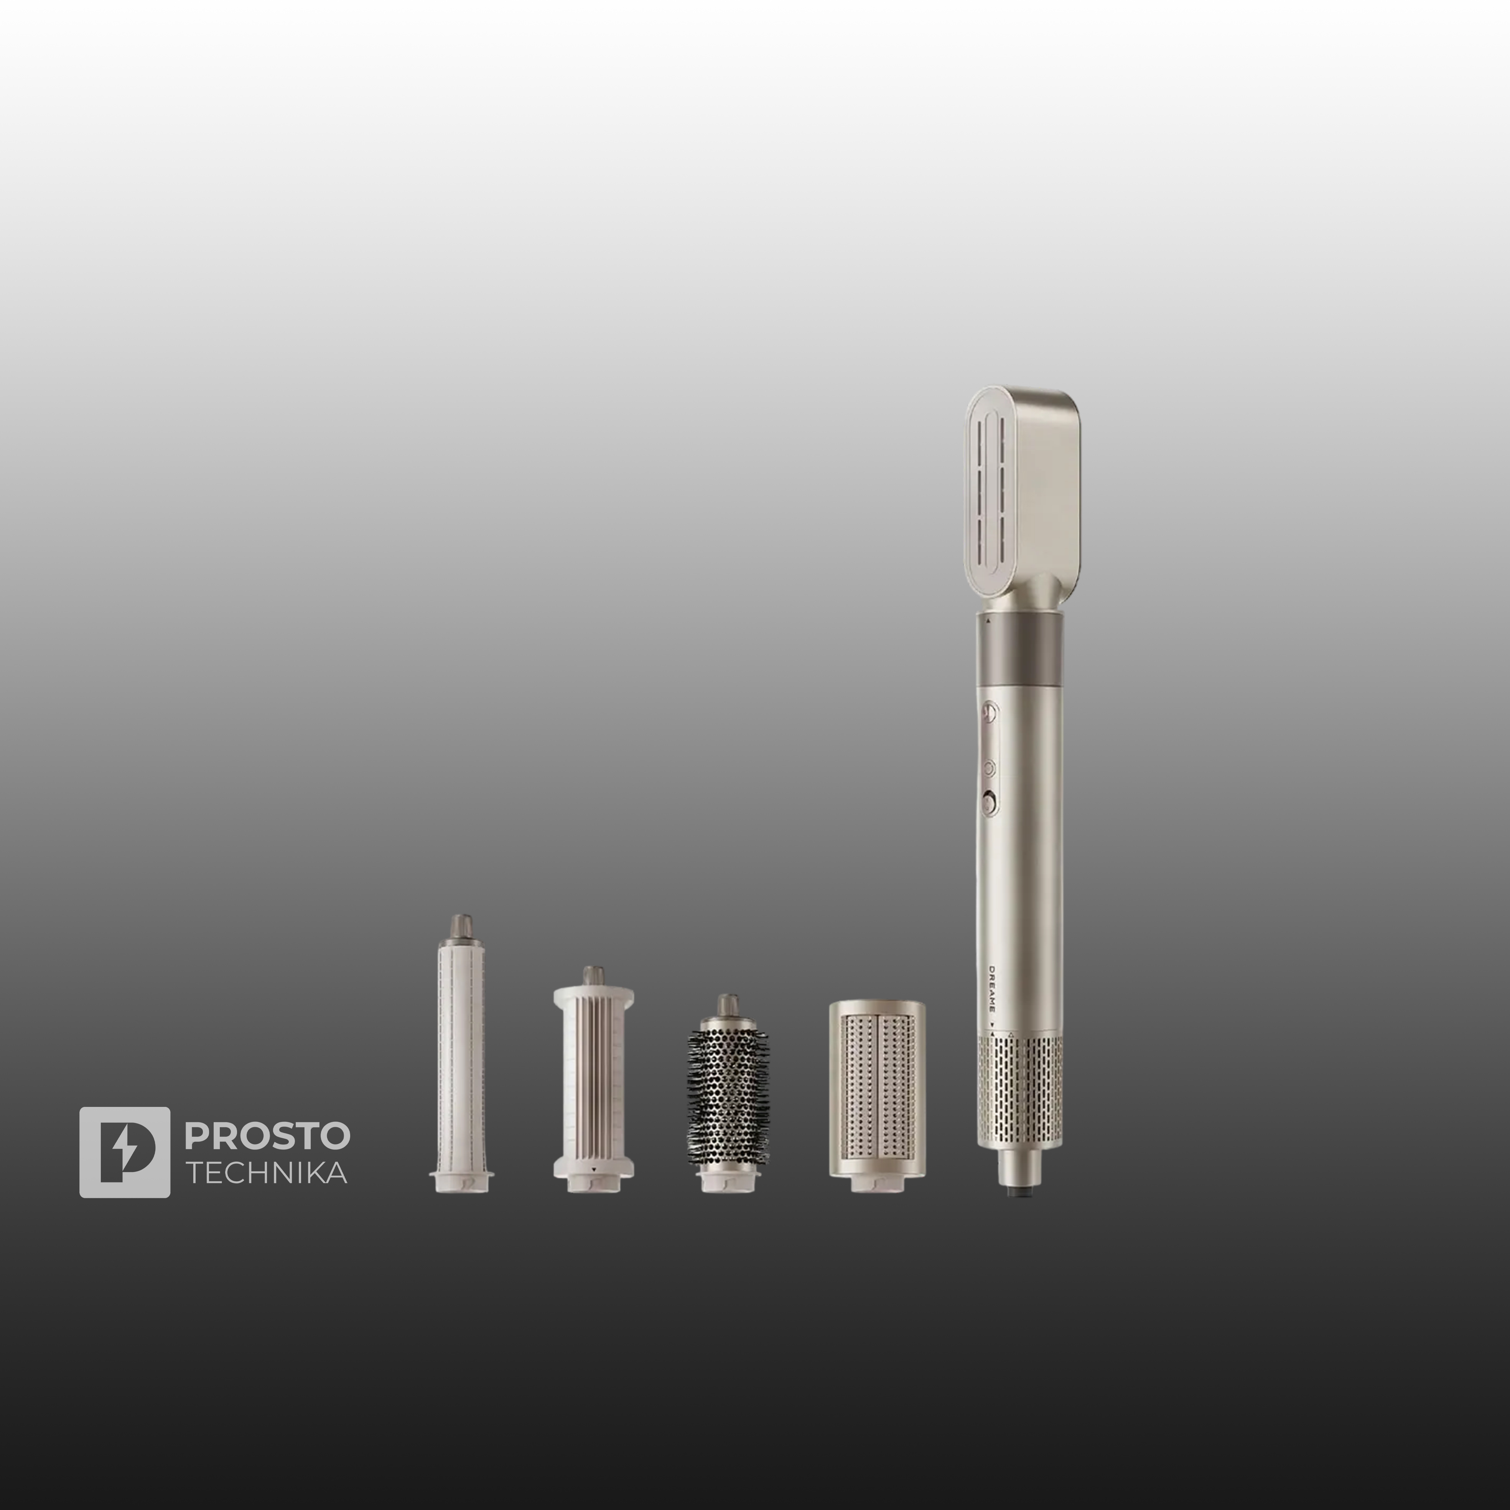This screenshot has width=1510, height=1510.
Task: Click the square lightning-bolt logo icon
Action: [124, 1152]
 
